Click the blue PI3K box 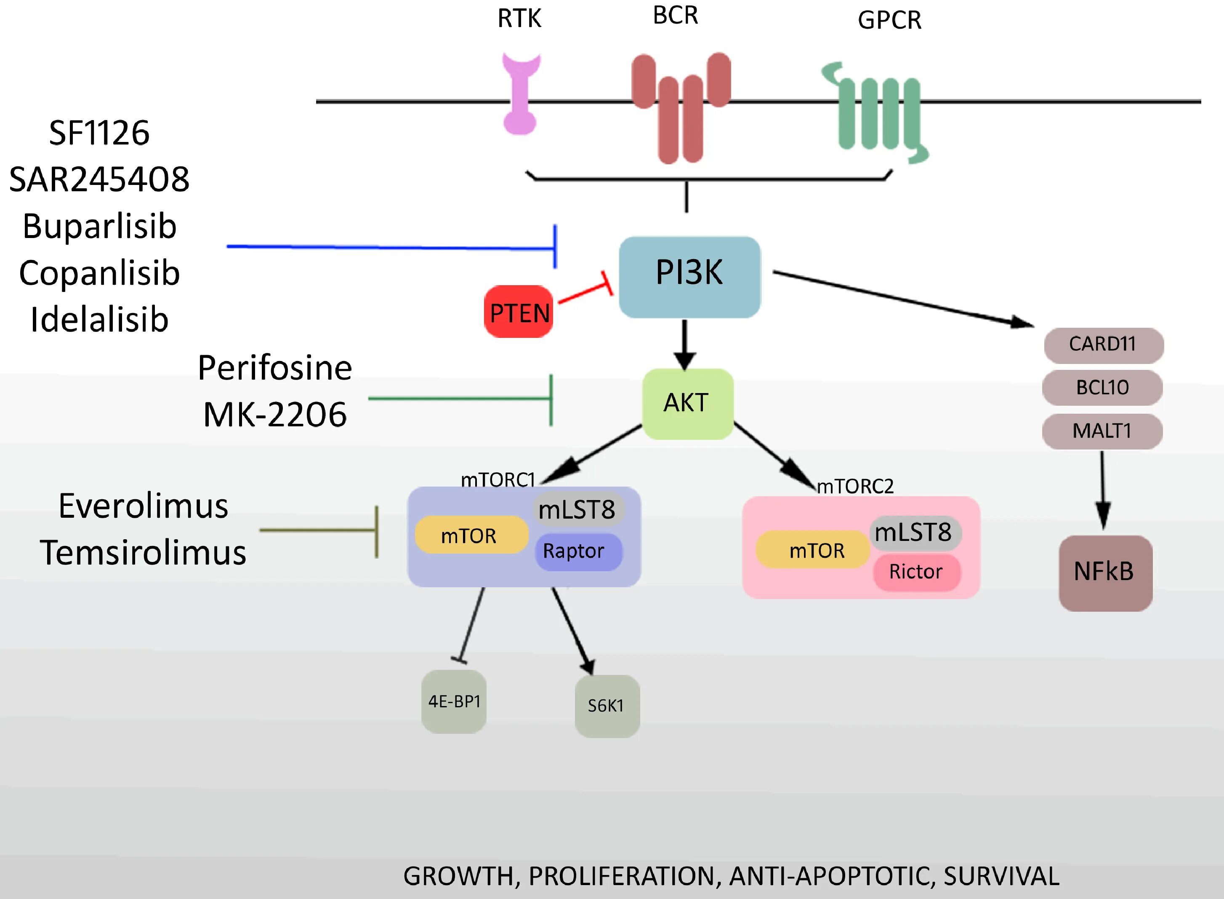pyautogui.click(x=689, y=277)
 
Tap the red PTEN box pyautogui.click(x=519, y=312)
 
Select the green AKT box pyautogui.click(x=688, y=404)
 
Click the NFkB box pyautogui.click(x=1105, y=573)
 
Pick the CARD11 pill pyautogui.click(x=1104, y=345)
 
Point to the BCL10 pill pyautogui.click(x=1103, y=388)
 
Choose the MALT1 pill pyautogui.click(x=1103, y=431)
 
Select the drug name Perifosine pyautogui.click(x=274, y=368)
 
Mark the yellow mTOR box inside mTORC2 pyautogui.click(x=813, y=550)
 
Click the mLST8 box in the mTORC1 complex pyautogui.click(x=578, y=509)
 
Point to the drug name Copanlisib pyautogui.click(x=99, y=273)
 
